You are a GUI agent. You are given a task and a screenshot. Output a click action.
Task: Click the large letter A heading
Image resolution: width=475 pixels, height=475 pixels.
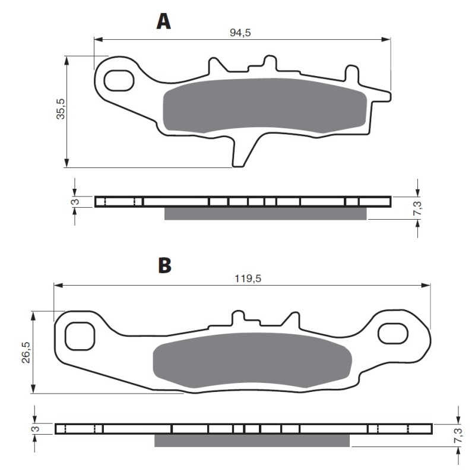click(x=164, y=22)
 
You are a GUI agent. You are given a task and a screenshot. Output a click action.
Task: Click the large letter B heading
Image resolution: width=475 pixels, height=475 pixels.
click(x=165, y=265)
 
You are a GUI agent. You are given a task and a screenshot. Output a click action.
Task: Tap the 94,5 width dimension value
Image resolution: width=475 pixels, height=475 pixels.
click(x=240, y=33)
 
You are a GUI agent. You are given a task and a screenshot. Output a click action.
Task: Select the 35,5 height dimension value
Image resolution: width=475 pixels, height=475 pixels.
click(x=61, y=109)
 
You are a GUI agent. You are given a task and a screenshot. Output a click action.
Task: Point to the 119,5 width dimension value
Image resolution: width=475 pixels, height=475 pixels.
click(x=248, y=278)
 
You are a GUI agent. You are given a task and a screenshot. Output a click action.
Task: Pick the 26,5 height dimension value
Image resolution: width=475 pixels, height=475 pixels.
click(x=26, y=352)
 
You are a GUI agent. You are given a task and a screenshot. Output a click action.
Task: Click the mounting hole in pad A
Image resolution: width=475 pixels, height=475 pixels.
click(x=119, y=81)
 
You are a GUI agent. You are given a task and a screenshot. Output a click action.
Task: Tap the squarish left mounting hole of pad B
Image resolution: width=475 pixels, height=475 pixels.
click(x=80, y=336)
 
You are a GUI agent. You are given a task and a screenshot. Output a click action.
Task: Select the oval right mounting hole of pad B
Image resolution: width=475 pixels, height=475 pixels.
click(x=393, y=334)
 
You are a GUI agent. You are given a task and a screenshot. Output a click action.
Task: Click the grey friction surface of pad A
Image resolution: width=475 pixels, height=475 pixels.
click(x=265, y=106)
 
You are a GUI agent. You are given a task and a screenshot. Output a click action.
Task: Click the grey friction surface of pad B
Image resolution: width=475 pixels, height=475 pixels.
click(x=252, y=360)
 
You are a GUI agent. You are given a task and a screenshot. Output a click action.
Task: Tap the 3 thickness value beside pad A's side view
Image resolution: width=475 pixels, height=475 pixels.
click(x=76, y=201)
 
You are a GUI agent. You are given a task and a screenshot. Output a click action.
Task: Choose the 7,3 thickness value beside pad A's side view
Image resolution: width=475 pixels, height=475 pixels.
click(x=417, y=208)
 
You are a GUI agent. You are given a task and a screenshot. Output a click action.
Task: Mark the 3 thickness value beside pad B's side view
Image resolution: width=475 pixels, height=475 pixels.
click(x=36, y=429)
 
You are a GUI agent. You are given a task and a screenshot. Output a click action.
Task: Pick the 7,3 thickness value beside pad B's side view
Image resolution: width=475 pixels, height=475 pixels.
click(x=458, y=435)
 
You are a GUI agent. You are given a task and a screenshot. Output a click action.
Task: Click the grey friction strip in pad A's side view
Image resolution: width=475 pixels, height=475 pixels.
click(x=265, y=214)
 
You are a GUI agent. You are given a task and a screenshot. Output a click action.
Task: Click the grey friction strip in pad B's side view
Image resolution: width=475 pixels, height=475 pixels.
click(x=252, y=441)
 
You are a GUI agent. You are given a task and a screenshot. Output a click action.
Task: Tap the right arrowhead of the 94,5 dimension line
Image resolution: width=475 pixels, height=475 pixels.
click(x=386, y=39)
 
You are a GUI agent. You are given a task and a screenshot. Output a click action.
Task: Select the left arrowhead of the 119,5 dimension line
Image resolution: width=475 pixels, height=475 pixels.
click(x=58, y=286)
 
